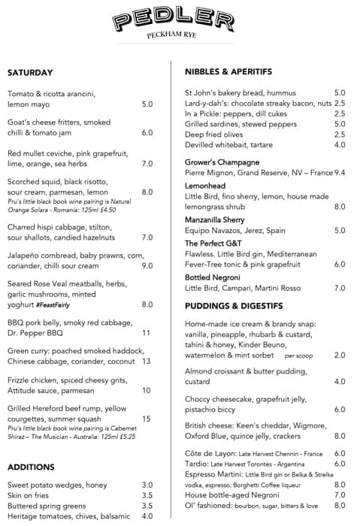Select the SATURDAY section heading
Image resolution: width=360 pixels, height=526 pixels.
[30, 73]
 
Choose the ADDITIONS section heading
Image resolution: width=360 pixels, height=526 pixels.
[31, 467]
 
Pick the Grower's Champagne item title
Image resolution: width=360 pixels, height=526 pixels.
[222, 162]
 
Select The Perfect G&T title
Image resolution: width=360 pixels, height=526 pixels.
[216, 243]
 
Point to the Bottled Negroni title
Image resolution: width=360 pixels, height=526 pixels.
[216, 277]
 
